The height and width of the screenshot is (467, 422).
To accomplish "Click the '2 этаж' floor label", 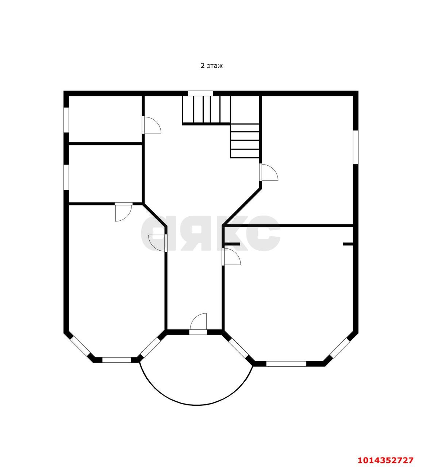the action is tap(212, 66).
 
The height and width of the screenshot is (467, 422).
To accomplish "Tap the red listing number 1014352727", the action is tap(385, 460).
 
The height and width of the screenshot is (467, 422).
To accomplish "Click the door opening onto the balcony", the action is tap(198, 324).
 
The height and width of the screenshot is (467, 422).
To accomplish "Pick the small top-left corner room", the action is tap(105, 119).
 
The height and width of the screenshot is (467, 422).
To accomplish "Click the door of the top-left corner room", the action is tap(151, 125).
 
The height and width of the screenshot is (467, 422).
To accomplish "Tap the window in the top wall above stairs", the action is tap(200, 93).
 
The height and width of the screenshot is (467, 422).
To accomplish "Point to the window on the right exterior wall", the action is tap(356, 147).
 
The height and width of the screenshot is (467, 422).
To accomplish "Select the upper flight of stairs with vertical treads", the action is tap(207, 109).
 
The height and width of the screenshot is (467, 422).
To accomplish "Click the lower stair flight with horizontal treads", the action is tap(245, 141).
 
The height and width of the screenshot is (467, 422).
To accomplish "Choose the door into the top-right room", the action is tap(268, 172).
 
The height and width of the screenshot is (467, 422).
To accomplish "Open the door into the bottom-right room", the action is tap(231, 256).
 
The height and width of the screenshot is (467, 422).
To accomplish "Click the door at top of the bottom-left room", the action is tap(123, 212).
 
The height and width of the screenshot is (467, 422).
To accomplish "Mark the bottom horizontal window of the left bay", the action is tap(117, 360).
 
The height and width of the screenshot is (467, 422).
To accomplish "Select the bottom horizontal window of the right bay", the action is tap(286, 364).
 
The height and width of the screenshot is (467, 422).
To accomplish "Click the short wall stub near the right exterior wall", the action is tap(348, 244).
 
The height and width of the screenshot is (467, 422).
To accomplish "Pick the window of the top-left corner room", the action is tap(66, 120).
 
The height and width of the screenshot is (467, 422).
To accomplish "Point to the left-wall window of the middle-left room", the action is tap(66, 177).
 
